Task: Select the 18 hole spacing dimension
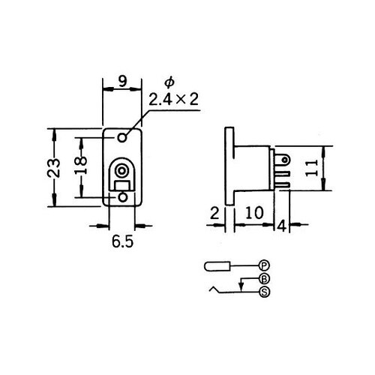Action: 84,168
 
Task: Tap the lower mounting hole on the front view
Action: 124,196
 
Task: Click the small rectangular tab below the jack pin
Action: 121,184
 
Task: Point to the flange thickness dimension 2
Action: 215,213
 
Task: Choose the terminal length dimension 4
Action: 281,224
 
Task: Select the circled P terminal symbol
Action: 263,265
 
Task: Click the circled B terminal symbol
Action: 263,278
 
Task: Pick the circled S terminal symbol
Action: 263,292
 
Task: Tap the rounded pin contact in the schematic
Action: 217,266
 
